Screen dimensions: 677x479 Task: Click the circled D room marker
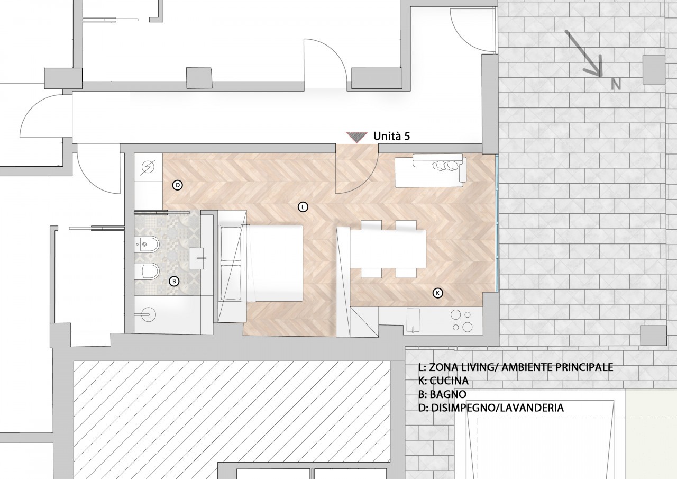(x=178, y=185)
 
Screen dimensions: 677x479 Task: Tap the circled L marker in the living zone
(x=303, y=207)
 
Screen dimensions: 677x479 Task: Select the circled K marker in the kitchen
(x=437, y=293)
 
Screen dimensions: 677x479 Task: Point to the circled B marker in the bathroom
(x=174, y=282)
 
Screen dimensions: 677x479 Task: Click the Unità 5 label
(x=392, y=137)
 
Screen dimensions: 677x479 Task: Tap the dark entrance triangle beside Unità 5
(x=356, y=137)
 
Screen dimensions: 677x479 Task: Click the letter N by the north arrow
(x=616, y=84)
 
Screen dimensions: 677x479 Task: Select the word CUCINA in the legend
(x=449, y=381)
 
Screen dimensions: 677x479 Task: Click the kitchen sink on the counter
(x=413, y=321)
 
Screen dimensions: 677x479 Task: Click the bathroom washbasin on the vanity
(x=197, y=258)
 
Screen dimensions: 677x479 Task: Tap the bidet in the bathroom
(x=147, y=243)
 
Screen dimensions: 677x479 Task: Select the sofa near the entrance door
(x=431, y=170)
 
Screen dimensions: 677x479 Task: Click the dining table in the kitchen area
(x=388, y=249)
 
